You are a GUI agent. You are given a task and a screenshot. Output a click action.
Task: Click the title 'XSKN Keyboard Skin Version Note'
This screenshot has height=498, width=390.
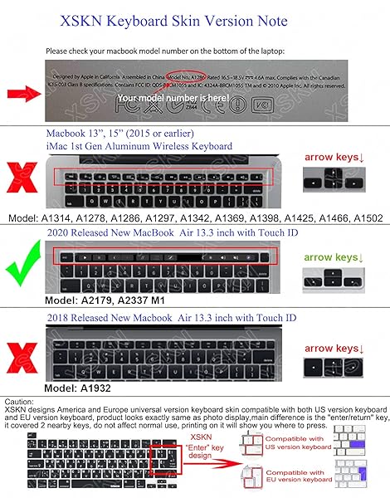point(195,19)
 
